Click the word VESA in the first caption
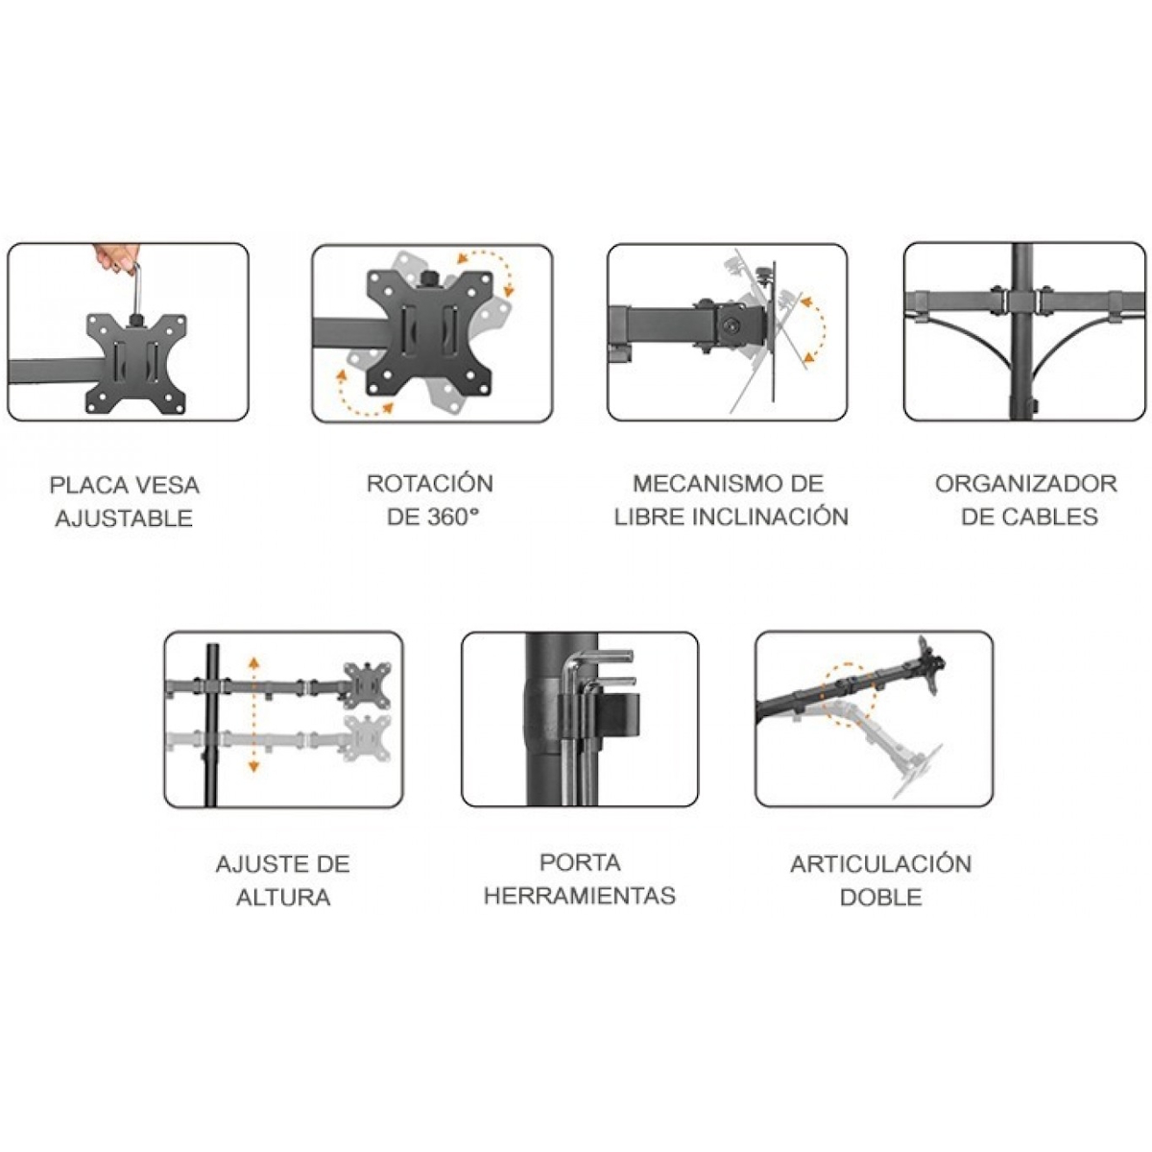click(x=166, y=485)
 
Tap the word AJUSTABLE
click(x=124, y=519)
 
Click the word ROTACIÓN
click(x=430, y=483)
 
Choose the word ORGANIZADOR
click(x=1026, y=483)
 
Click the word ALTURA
click(x=283, y=898)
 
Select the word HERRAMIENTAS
click(x=579, y=897)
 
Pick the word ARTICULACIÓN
click(x=880, y=864)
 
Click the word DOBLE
click(x=880, y=898)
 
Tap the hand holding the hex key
click(x=116, y=257)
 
